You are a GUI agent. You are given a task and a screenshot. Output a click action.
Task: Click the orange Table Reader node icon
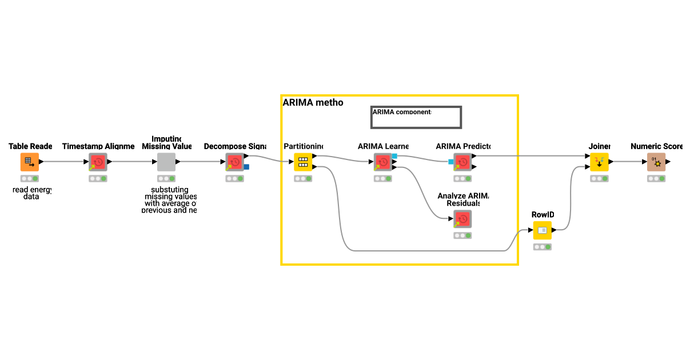point(30,162)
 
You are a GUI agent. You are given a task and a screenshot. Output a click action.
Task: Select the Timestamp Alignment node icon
point(98,162)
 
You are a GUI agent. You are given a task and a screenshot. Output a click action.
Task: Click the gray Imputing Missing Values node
point(166,162)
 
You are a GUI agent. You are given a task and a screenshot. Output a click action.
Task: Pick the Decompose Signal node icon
point(234,162)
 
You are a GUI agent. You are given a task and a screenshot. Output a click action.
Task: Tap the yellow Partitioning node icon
point(303,162)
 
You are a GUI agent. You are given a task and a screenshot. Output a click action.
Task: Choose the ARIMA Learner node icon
point(383,162)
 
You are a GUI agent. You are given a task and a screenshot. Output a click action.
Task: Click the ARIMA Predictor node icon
point(463,162)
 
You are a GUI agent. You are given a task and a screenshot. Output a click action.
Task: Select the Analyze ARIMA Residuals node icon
point(463,219)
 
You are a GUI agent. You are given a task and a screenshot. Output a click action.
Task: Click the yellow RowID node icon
point(543,230)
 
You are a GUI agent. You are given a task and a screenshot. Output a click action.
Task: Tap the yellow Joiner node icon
point(599,162)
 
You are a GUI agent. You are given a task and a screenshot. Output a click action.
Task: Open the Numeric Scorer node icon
point(656,162)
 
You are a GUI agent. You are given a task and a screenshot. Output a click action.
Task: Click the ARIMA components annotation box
point(416,117)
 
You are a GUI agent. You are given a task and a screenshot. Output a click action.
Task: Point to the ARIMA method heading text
point(313,102)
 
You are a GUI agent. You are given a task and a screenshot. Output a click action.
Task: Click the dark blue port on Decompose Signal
point(246,167)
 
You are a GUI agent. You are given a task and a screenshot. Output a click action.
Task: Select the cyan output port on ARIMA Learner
point(394,156)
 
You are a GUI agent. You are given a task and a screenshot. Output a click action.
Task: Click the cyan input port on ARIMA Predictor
point(451,162)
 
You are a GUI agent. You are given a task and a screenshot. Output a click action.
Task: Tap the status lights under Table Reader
point(30,178)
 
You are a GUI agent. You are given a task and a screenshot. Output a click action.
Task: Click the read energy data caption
point(27,193)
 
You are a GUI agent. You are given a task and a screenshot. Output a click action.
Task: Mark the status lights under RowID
point(543,247)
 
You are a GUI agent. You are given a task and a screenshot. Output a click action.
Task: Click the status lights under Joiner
point(599,178)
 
